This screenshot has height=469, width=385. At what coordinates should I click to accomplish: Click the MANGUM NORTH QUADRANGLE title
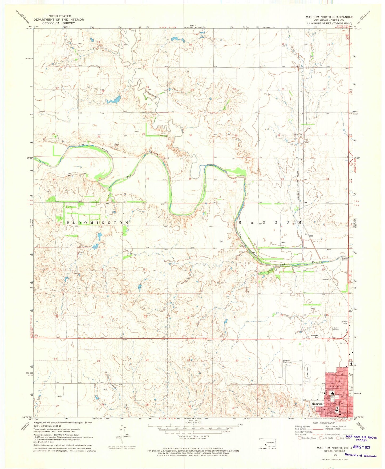coord(329,17)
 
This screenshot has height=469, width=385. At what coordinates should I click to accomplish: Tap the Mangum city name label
coord(317,404)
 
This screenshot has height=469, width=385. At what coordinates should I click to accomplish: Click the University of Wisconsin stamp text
coord(360,455)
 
